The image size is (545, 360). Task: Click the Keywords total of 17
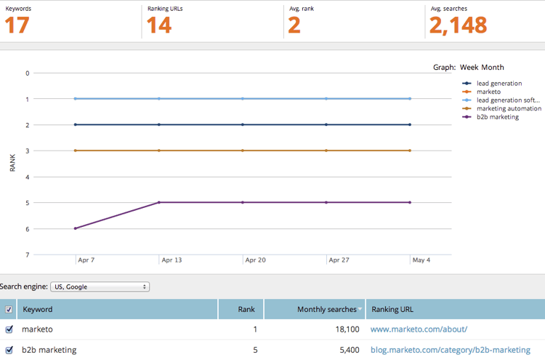[18, 25]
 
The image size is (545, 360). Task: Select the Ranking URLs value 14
[159, 25]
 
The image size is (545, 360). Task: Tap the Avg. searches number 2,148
[458, 25]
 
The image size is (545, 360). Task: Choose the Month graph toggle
[493, 67]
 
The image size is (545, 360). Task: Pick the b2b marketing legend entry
[497, 116]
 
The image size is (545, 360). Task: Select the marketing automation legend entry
[508, 108]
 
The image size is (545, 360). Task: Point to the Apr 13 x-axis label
[172, 260]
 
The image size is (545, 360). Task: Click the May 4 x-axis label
[422, 260]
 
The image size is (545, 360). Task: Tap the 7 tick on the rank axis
[28, 255]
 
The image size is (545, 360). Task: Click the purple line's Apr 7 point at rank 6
[76, 228]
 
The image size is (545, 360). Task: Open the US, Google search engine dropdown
[100, 287]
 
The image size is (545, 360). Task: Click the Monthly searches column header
[327, 309]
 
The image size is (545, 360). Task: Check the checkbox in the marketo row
[9, 329]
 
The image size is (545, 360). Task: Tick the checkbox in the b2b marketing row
[9, 350]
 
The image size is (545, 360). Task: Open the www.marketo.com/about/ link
[419, 329]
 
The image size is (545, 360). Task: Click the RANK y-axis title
[12, 163]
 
